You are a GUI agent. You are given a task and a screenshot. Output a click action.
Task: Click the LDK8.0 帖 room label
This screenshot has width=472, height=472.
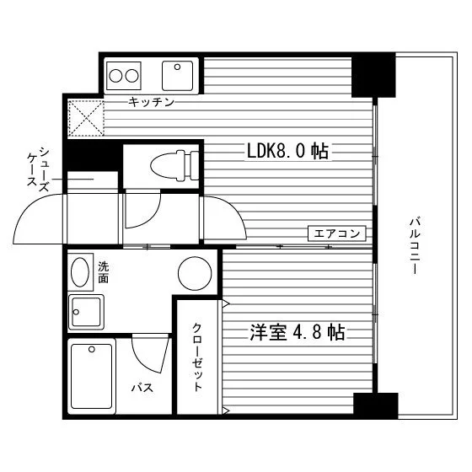(287, 151)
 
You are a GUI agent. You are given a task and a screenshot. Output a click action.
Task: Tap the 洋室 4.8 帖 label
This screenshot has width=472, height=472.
(297, 332)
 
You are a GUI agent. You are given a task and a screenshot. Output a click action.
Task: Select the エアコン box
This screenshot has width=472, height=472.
(337, 233)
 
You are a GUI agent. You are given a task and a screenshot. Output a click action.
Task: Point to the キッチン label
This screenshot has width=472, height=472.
(152, 102)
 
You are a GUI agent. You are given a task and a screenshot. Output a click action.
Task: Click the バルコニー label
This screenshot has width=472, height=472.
(415, 245)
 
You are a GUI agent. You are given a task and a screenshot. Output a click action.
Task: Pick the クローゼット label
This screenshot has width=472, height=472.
(197, 357)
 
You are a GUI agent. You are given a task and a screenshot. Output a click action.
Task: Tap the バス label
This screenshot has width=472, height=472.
(142, 388)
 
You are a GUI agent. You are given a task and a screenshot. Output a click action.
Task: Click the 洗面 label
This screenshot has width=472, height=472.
(103, 272)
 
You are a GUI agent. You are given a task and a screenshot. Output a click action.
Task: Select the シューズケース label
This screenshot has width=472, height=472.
(38, 169)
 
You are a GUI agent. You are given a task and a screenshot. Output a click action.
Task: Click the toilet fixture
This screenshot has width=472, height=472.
(174, 165)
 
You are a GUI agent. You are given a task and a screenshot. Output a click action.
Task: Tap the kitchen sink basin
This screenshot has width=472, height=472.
(177, 76)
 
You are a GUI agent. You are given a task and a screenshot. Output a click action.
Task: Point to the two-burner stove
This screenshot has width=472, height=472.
(124, 76)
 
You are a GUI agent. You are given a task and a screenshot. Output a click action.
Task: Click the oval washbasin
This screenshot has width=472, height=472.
(80, 272)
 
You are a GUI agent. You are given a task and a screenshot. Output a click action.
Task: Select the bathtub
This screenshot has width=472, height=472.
(92, 376)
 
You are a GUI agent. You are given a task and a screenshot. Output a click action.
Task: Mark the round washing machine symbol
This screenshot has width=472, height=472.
(195, 273)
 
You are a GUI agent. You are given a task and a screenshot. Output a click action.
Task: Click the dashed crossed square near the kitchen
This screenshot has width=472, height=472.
(86, 118)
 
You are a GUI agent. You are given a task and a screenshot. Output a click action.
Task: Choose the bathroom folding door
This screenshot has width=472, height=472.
(151, 354)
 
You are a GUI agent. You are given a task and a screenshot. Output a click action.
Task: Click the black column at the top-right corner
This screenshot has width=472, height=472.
(373, 75)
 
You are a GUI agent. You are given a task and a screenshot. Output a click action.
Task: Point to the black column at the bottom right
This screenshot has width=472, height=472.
(376, 405)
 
